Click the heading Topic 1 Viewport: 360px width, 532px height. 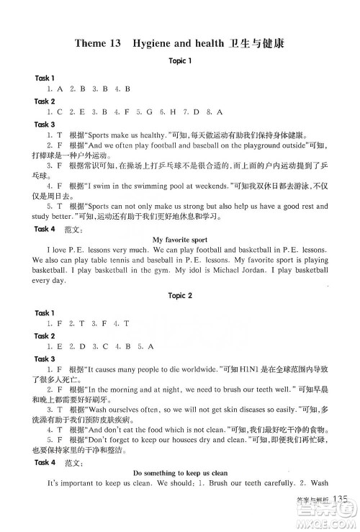click(179, 61)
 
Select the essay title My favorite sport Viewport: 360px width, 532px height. click(179, 238)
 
